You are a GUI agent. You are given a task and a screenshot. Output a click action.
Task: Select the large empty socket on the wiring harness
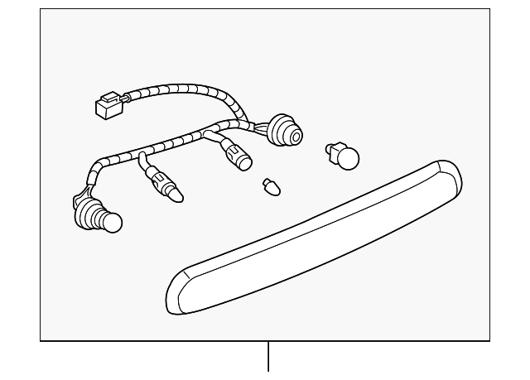click(x=282, y=132)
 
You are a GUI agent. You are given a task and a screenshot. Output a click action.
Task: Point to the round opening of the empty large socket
click(x=291, y=136)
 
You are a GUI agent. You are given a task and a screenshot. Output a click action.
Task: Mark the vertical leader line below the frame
click(x=268, y=358)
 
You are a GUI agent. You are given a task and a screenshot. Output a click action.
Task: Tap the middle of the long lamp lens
click(x=315, y=240)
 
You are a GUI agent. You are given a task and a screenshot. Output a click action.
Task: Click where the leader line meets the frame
click(x=268, y=340)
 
